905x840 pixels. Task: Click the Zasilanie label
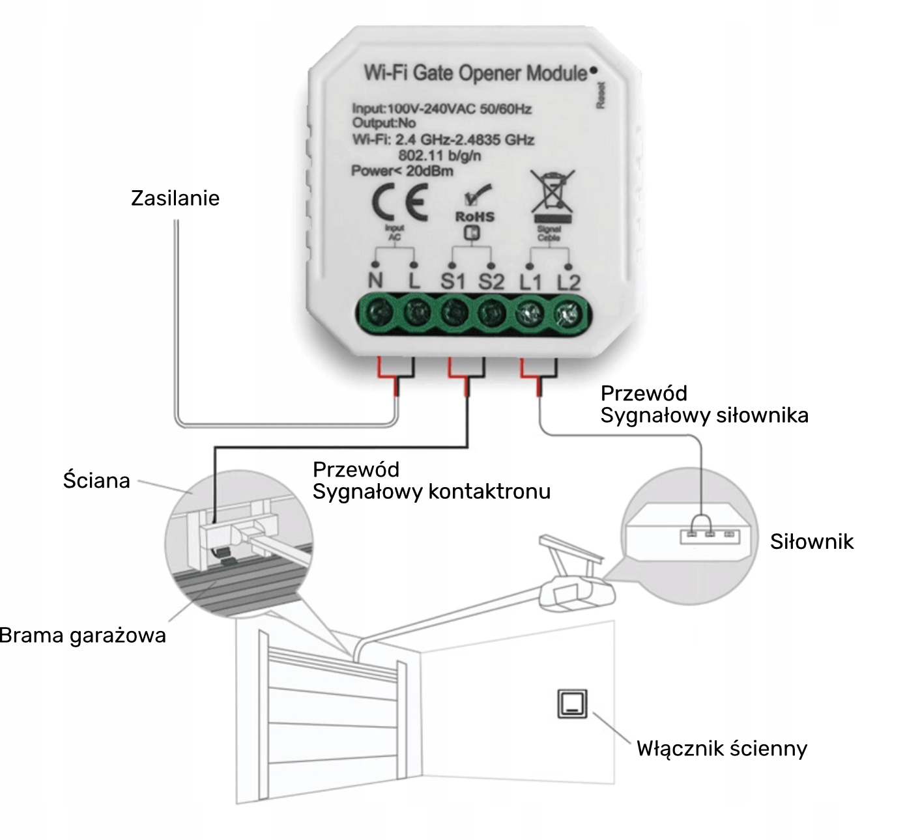[175, 198]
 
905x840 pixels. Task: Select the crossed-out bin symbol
[553, 191]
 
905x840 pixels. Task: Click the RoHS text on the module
[474, 216]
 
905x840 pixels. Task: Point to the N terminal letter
[375, 282]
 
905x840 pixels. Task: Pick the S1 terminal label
[453, 282]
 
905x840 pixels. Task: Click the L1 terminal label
[530, 282]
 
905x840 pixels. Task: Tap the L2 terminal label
[568, 282]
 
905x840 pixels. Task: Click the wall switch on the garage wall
[572, 704]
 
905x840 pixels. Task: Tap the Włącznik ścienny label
[722, 749]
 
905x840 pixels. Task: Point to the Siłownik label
[811, 542]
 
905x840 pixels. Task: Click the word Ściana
[96, 481]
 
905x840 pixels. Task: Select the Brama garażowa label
[83, 635]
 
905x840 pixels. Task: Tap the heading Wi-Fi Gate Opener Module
[475, 73]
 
